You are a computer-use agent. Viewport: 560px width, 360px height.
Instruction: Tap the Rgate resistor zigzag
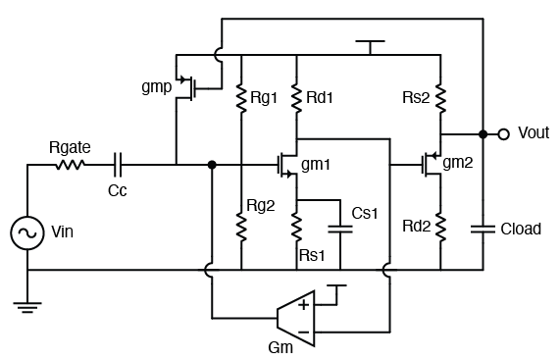tap(70, 165)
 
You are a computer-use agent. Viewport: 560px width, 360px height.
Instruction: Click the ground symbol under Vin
tap(28, 306)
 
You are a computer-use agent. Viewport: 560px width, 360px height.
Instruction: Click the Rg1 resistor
tap(240, 96)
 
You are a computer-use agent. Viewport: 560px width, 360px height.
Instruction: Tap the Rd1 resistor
tap(296, 96)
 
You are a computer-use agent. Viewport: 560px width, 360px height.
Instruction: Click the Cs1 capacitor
tap(338, 230)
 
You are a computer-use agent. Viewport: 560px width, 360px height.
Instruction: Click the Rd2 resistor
tap(440, 228)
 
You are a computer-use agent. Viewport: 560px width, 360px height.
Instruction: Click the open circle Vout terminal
tap(503, 133)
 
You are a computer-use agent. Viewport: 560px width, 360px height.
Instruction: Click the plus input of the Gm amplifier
tap(303, 305)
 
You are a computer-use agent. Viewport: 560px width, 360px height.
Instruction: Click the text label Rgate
tap(70, 146)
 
